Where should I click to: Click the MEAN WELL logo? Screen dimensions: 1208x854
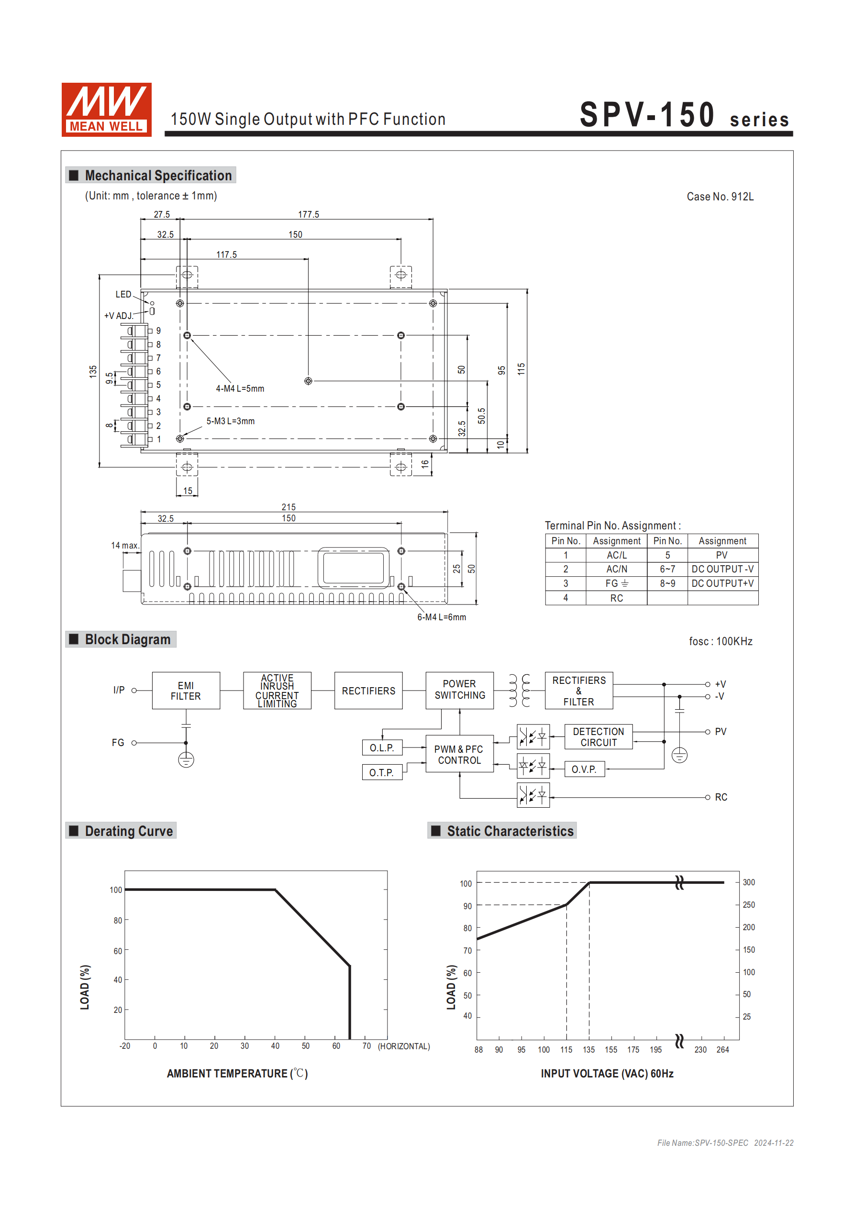click(106, 110)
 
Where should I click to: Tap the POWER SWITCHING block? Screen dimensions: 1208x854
click(459, 690)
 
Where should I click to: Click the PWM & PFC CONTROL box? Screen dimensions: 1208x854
click(459, 754)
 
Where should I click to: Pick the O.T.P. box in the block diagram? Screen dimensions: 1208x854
click(382, 772)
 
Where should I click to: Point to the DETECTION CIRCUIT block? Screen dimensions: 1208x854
click(598, 736)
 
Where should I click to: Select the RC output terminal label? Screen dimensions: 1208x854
click(721, 797)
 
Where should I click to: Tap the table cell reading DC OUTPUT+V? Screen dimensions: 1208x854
click(722, 583)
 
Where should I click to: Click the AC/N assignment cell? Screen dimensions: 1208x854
click(617, 569)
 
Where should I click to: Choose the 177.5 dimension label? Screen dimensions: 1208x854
click(309, 215)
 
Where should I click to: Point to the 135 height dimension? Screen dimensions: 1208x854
click(93, 372)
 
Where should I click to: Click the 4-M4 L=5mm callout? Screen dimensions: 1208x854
click(240, 389)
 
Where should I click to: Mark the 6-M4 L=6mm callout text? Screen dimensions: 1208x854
click(441, 617)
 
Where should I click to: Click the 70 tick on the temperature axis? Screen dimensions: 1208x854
click(366, 1046)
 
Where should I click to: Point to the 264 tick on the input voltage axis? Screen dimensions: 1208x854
click(722, 1050)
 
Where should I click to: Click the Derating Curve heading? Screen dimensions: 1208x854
click(129, 831)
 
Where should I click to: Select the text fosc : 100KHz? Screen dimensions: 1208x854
click(720, 641)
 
